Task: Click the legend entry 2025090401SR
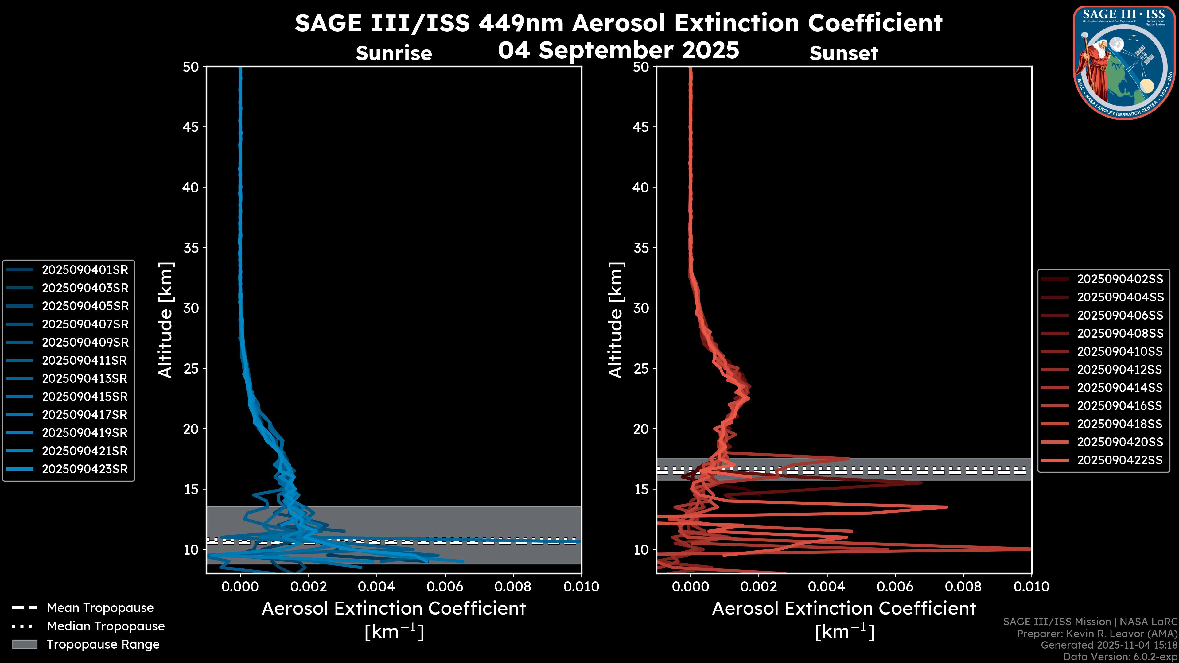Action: pyautogui.click(x=85, y=270)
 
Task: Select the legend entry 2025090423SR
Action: pyautogui.click(x=85, y=469)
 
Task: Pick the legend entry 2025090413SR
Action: pyautogui.click(x=85, y=378)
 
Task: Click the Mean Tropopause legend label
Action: pyautogui.click(x=100, y=608)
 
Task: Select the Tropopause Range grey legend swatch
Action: pyautogui.click(x=24, y=644)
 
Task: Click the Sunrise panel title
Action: pyautogui.click(x=394, y=53)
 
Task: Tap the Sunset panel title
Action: pyautogui.click(x=843, y=53)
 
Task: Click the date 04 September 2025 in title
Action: pyautogui.click(x=618, y=50)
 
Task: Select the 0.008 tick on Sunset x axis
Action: pyautogui.click(x=963, y=587)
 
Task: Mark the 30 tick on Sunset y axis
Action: pyautogui.click(x=641, y=308)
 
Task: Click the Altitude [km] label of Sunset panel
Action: pyautogui.click(x=616, y=320)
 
